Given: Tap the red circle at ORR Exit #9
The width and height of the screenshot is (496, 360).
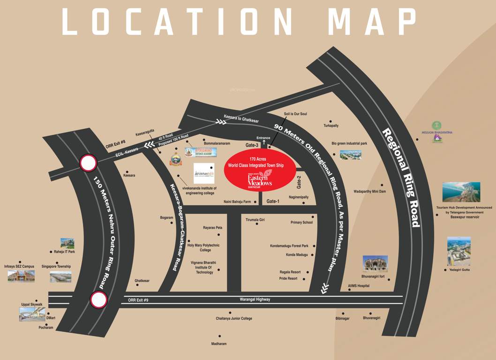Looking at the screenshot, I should [x=99, y=300].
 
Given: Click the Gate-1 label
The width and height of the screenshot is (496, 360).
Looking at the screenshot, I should [x=273, y=201].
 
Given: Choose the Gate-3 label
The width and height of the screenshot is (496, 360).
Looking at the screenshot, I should [x=252, y=146].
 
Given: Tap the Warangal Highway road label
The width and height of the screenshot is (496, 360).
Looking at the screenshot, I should [x=254, y=300].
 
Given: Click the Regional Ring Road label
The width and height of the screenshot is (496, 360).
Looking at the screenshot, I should [x=401, y=177].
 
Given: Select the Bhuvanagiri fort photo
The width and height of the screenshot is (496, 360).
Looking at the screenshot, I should [x=375, y=264].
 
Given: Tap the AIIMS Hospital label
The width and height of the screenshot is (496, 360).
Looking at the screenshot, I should [x=359, y=285].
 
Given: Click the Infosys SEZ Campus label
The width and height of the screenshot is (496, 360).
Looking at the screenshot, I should [x=19, y=266].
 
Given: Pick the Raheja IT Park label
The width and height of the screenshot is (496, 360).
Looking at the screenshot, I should [x=64, y=252].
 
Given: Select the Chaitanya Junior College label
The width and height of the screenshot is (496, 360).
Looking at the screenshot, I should [x=234, y=318].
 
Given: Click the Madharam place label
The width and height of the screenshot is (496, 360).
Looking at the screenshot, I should [x=219, y=344].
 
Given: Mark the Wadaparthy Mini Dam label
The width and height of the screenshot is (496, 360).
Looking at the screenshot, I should [x=370, y=191].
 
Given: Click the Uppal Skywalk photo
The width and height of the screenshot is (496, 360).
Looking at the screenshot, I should [x=32, y=314].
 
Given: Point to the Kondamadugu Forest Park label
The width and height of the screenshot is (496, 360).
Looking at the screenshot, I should [x=289, y=246].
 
